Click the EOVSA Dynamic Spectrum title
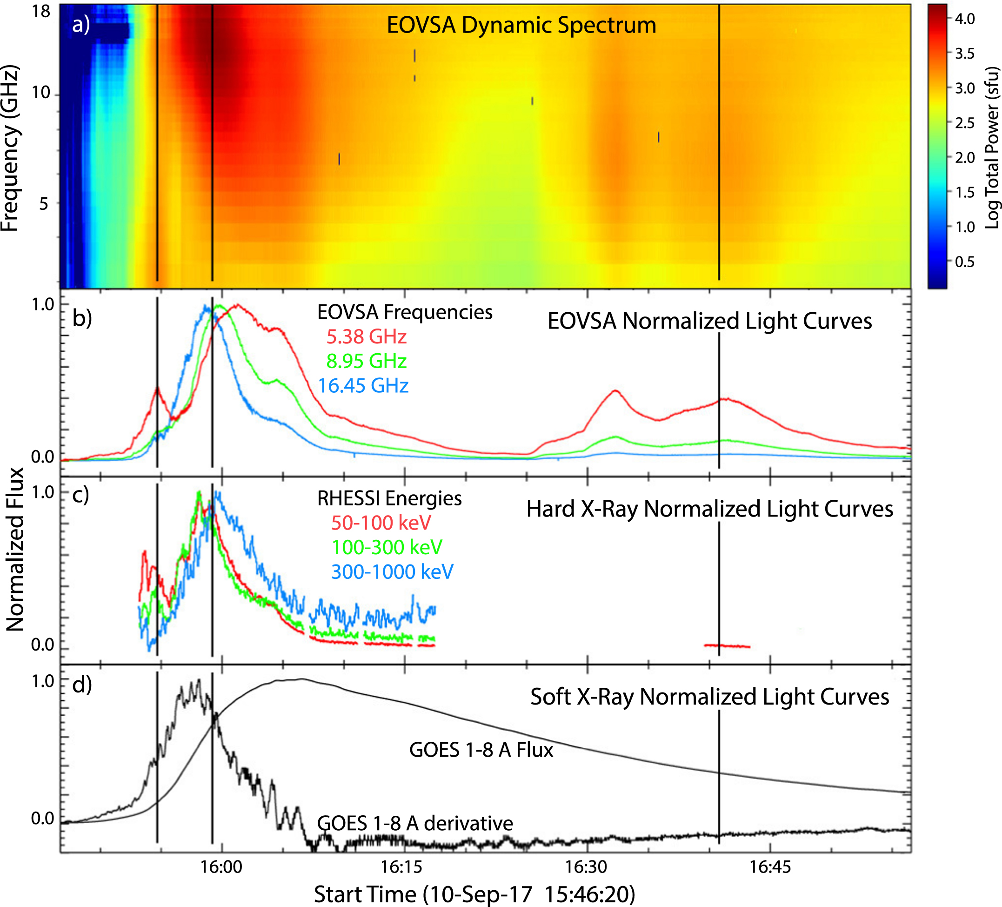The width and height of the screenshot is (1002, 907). (x=521, y=25)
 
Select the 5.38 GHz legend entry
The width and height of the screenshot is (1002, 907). (x=366, y=337)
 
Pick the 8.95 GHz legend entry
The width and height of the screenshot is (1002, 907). (x=366, y=362)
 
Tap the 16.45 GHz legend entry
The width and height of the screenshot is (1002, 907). (x=363, y=386)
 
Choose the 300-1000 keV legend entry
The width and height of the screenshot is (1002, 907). (x=392, y=572)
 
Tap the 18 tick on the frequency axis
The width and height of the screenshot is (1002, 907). (x=42, y=11)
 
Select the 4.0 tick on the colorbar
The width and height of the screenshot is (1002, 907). (x=965, y=19)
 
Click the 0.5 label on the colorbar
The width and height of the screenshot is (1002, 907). (x=965, y=262)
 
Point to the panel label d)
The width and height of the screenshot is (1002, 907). (x=82, y=685)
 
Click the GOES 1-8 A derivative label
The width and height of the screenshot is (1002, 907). (x=414, y=823)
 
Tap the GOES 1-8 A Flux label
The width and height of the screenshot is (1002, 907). (x=481, y=750)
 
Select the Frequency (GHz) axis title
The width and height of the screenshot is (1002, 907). (x=10, y=148)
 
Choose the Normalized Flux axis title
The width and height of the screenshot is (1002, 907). (x=15, y=549)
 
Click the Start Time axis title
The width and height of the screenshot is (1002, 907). (x=474, y=894)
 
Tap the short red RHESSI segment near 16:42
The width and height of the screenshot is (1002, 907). (x=727, y=646)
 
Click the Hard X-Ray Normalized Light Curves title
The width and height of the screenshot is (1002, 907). (x=709, y=509)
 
